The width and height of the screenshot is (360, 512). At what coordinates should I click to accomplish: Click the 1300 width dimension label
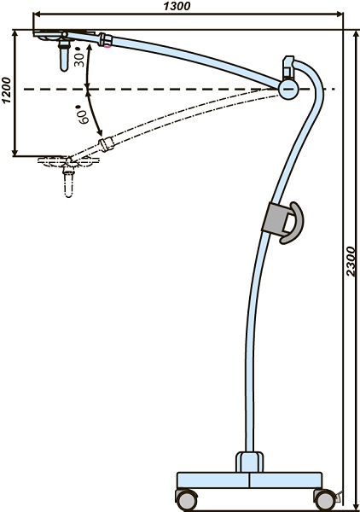click(177, 6)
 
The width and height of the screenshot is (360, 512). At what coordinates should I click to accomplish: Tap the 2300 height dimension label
click(351, 261)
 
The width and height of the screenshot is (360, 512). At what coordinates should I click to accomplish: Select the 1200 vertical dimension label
click(6, 90)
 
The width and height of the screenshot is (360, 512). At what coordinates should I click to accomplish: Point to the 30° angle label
click(79, 57)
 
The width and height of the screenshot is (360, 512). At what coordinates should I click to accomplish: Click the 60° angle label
click(83, 114)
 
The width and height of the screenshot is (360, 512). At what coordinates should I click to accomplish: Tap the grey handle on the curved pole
click(282, 223)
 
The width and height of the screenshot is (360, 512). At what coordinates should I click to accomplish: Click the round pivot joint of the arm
click(287, 89)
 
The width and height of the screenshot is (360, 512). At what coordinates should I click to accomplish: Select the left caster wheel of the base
click(187, 499)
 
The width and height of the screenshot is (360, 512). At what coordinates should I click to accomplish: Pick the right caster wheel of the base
click(325, 500)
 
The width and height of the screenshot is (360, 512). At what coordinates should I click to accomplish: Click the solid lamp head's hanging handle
click(64, 55)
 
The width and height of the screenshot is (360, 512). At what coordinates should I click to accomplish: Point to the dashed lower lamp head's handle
click(68, 183)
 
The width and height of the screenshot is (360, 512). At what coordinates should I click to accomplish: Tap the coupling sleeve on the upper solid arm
click(106, 40)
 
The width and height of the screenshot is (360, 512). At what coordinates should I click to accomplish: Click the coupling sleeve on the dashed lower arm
click(107, 144)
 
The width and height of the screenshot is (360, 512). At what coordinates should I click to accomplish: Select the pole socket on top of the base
click(250, 462)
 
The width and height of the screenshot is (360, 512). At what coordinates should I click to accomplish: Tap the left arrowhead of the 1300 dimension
click(37, 14)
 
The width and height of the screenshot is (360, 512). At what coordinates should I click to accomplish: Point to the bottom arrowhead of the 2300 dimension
click(355, 506)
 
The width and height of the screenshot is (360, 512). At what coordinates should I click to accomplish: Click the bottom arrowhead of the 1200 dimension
click(15, 152)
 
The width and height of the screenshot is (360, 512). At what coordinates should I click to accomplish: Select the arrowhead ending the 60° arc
click(100, 133)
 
